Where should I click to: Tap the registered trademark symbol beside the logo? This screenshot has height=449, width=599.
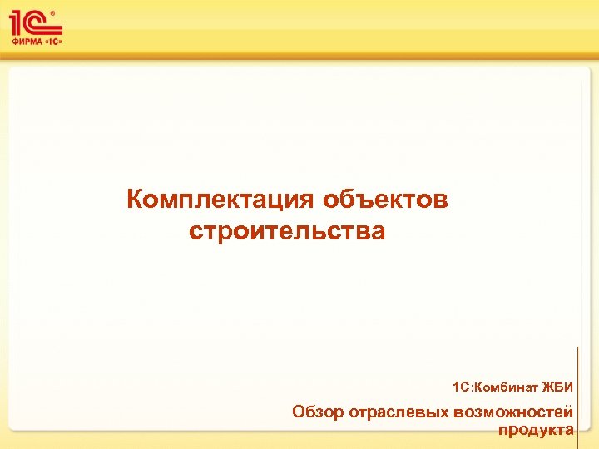tap(53, 12)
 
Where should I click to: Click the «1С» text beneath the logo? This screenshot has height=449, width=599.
tap(51, 40)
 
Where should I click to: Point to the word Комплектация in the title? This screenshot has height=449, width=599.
tap(220, 200)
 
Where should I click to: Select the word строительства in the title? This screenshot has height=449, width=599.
tap(287, 230)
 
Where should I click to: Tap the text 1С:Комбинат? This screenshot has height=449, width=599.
tap(495, 387)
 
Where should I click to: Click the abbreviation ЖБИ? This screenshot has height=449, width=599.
tap(557, 387)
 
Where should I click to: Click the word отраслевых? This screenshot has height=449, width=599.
tap(399, 412)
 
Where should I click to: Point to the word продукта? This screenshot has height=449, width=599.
tap(536, 429)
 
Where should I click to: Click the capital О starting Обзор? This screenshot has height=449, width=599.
tap(299, 412)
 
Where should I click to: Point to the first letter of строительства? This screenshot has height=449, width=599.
tap(195, 231)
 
